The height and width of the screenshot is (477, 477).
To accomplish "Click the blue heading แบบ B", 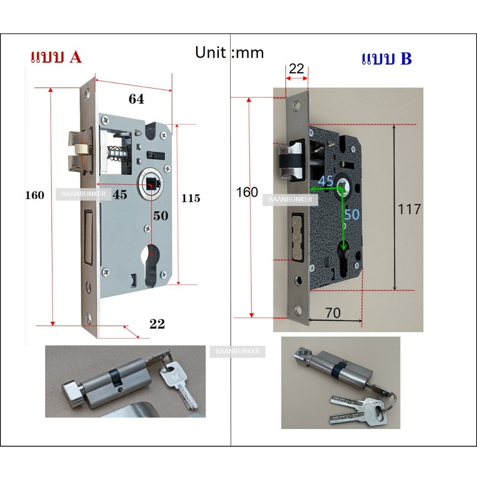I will click(387, 59).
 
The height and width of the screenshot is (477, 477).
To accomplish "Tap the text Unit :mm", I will click(229, 52).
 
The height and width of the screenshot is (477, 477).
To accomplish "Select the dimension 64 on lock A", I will click(136, 99).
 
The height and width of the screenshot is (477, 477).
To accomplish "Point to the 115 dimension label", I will click(191, 198).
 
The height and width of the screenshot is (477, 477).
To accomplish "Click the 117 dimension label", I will click(409, 209).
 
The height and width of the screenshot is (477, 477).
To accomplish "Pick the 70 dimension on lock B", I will click(333, 313).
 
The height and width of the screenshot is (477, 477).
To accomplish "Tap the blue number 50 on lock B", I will click(352, 214).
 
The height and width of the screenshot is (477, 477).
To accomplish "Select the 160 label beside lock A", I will click(35, 195).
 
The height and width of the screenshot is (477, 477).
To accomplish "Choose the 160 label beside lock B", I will click(247, 192).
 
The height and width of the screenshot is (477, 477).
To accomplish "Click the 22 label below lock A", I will click(157, 324).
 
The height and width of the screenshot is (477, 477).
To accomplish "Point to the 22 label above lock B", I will click(296, 69).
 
